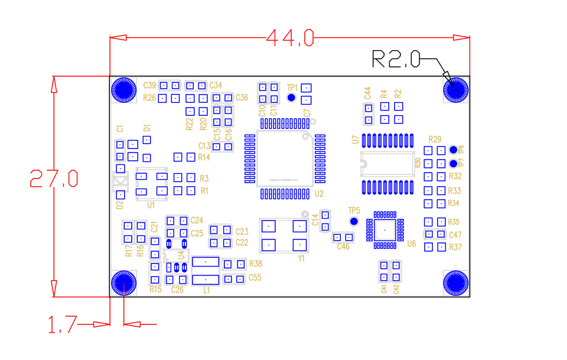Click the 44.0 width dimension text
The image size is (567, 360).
(289, 38)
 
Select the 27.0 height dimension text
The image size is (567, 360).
(54, 177)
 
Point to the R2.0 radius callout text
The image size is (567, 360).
(396, 59)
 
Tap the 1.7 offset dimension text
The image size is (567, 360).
(62, 324)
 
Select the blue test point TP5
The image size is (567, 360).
(354, 221)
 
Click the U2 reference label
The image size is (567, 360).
(320, 193)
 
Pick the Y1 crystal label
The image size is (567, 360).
(301, 258)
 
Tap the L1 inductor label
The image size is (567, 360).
(206, 290)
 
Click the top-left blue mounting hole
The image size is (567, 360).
(124, 90)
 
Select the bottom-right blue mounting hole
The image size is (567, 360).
(455, 283)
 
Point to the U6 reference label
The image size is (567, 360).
(412, 243)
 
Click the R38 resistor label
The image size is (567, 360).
(256, 264)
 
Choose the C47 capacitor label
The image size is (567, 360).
(455, 235)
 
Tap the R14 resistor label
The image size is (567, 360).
(204, 157)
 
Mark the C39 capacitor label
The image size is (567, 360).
(150, 85)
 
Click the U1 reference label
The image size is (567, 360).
(151, 205)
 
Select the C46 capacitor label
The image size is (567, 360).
(343, 247)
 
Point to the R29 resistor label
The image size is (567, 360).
(435, 140)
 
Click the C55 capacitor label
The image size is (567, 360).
(255, 277)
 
